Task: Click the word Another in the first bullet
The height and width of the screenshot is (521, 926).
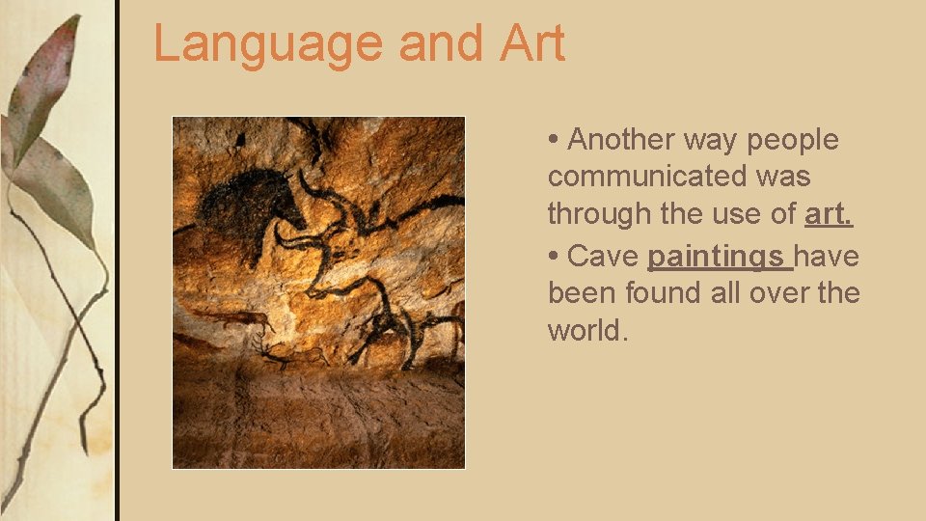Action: pos(621,140)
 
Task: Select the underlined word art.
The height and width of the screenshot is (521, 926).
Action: pos(829,214)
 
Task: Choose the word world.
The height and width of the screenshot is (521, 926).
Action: pos(587,331)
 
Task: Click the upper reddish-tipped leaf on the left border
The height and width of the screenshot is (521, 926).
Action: pos(43,87)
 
